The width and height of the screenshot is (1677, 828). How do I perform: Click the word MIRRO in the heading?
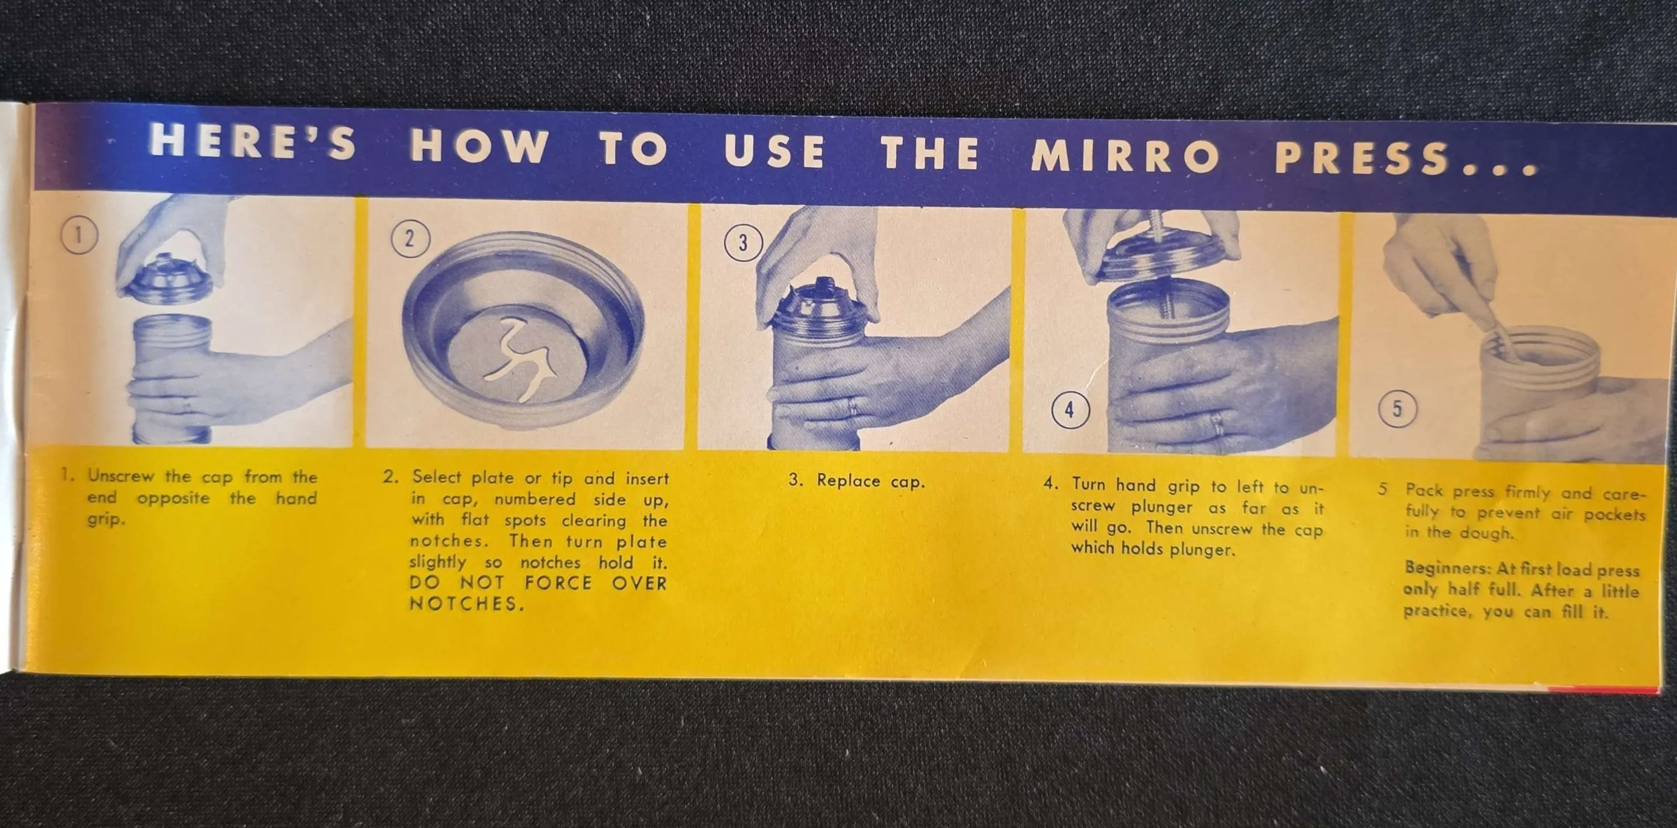pyautogui.click(x=1125, y=157)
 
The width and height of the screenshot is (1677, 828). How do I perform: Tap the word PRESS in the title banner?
pyautogui.click(x=1362, y=159)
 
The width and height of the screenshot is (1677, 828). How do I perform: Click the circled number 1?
pyautogui.click(x=79, y=235)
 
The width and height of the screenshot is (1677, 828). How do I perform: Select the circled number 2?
pyautogui.click(x=410, y=238)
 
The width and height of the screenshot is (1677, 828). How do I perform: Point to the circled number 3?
pyautogui.click(x=743, y=243)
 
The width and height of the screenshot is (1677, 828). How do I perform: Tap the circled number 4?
pyautogui.click(x=1071, y=410)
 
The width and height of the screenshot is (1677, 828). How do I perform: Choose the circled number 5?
pyautogui.click(x=1397, y=409)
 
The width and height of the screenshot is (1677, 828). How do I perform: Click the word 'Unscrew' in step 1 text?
pyautogui.click(x=121, y=476)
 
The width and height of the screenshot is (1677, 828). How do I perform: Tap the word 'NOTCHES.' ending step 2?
pyautogui.click(x=466, y=604)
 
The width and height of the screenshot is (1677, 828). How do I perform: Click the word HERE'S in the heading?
pyautogui.click(x=253, y=142)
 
